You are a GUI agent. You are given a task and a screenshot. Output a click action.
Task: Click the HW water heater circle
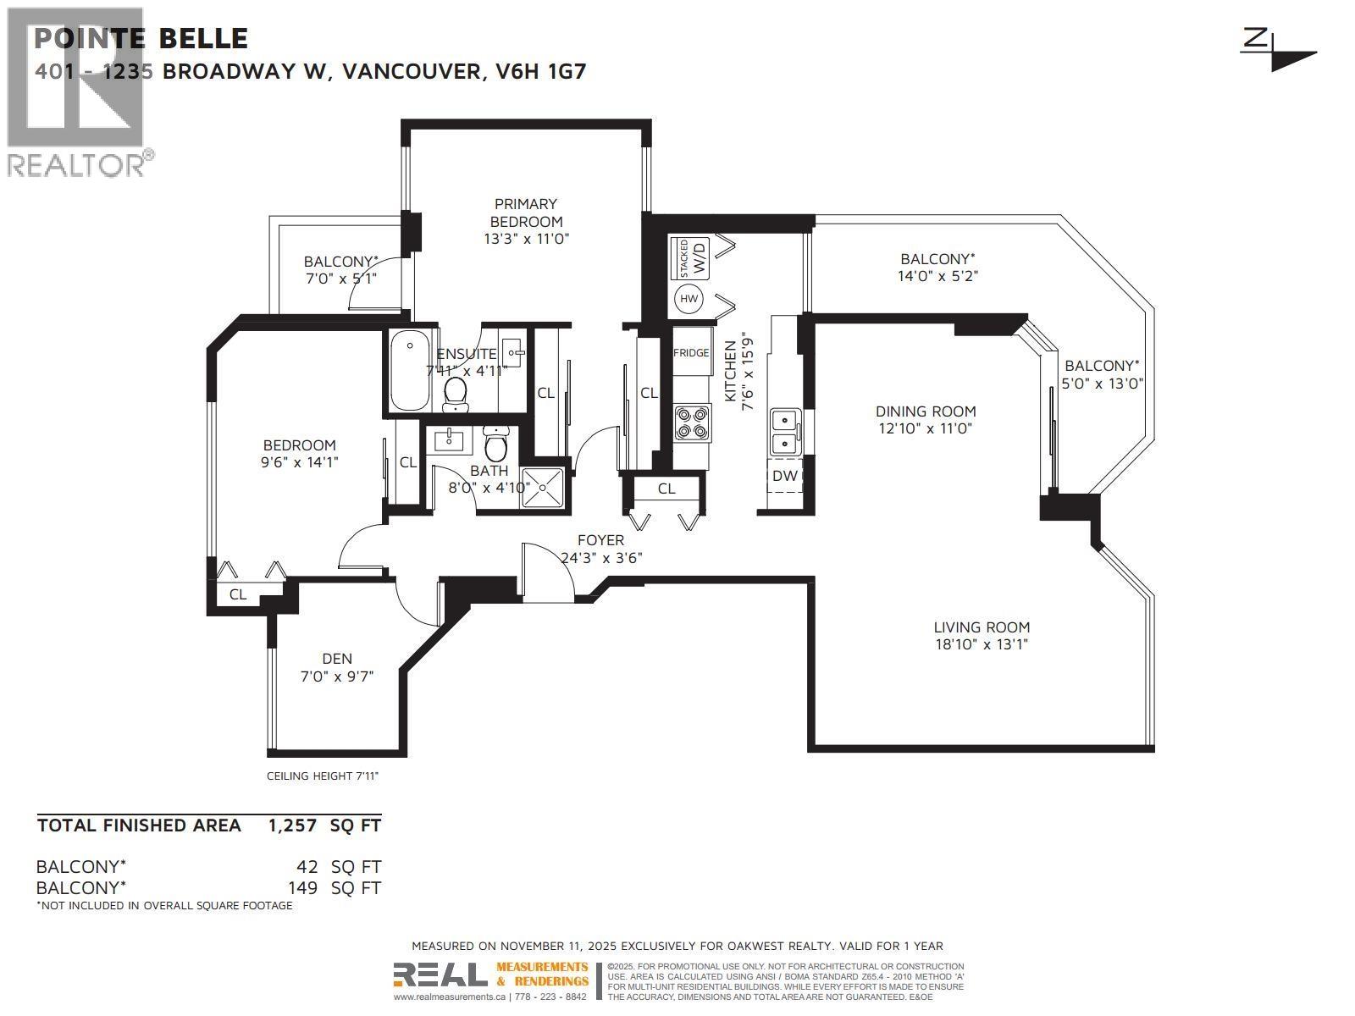[689, 299]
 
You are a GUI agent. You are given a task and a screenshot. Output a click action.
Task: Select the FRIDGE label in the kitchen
[691, 352]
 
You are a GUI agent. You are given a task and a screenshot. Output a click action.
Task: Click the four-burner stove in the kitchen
[692, 422]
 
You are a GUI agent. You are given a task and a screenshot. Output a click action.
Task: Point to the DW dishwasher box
[785, 476]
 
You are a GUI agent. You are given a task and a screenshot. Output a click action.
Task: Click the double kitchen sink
[785, 431]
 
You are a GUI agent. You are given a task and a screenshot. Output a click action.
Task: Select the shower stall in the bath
[543, 489]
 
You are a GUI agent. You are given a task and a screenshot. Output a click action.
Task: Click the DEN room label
[337, 659]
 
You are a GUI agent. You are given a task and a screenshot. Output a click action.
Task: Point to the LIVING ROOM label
[982, 627]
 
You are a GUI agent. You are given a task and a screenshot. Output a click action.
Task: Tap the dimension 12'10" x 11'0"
[925, 428]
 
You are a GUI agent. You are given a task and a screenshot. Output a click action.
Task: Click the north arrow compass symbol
[1279, 50]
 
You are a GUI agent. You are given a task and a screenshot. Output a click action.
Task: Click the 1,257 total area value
[292, 825]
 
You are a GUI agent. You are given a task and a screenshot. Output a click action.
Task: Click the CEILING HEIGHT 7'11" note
[323, 776]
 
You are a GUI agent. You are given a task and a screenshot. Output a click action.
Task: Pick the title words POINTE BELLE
[141, 38]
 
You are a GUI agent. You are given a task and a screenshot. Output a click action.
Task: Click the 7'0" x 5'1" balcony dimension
[340, 278]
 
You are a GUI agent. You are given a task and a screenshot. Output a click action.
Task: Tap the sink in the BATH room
[446, 440]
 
